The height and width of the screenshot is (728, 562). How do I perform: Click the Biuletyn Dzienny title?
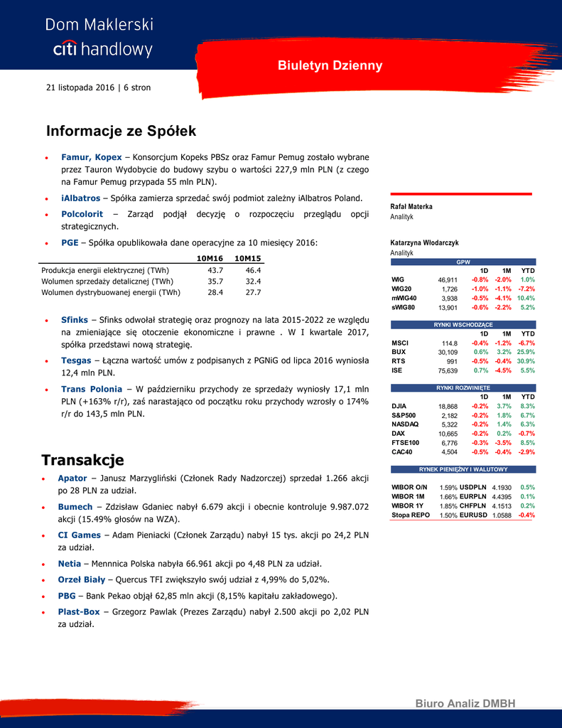[330, 65]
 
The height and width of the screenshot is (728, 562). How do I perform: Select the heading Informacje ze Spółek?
[121, 132]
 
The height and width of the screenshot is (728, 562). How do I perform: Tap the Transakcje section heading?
[82, 460]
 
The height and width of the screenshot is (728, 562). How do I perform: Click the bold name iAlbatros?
[80, 198]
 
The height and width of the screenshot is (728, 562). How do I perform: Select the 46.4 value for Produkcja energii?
[253, 270]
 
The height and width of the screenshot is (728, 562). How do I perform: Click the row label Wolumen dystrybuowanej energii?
[111, 292]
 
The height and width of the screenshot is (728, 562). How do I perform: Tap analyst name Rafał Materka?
[411, 207]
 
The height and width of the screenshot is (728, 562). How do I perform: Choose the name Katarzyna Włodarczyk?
[424, 243]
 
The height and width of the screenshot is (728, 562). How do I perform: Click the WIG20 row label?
[401, 289]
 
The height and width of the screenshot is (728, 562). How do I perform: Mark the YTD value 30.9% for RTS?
[526, 361]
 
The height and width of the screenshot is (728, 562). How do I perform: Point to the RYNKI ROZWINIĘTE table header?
[463, 387]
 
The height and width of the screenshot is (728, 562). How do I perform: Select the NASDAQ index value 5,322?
[449, 424]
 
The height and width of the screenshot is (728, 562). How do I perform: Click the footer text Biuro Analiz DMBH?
[465, 703]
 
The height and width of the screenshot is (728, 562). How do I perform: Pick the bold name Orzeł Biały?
[81, 579]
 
